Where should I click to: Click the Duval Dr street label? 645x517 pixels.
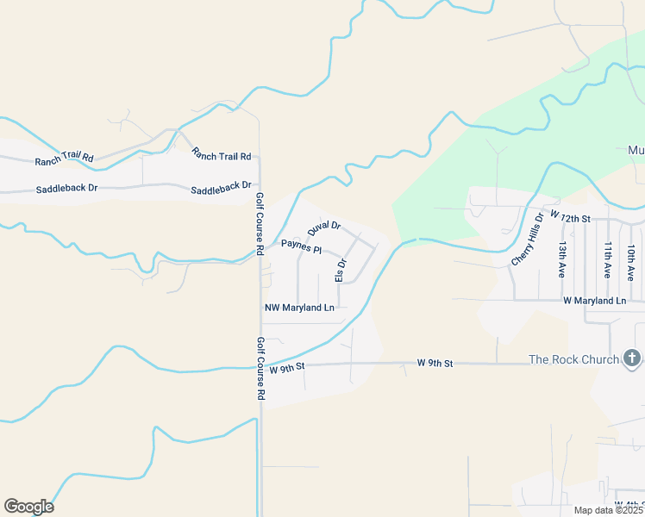(x=324, y=230)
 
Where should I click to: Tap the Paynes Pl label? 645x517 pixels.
(x=301, y=247)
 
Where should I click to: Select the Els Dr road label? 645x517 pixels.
(x=341, y=270)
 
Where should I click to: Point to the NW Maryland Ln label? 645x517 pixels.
(x=299, y=308)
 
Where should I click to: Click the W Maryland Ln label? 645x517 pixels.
(x=594, y=301)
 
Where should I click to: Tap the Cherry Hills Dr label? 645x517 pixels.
(x=528, y=239)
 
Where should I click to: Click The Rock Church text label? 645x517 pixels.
(x=573, y=359)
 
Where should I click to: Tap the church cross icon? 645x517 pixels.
(x=631, y=358)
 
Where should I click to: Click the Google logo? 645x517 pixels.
(x=28, y=507)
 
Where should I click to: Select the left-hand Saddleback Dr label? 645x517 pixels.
(x=66, y=188)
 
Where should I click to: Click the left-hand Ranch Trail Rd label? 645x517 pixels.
(x=64, y=159)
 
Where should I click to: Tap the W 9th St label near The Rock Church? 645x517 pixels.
(x=435, y=364)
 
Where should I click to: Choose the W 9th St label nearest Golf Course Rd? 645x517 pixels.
(x=287, y=368)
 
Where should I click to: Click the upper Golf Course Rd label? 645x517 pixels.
(x=260, y=224)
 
